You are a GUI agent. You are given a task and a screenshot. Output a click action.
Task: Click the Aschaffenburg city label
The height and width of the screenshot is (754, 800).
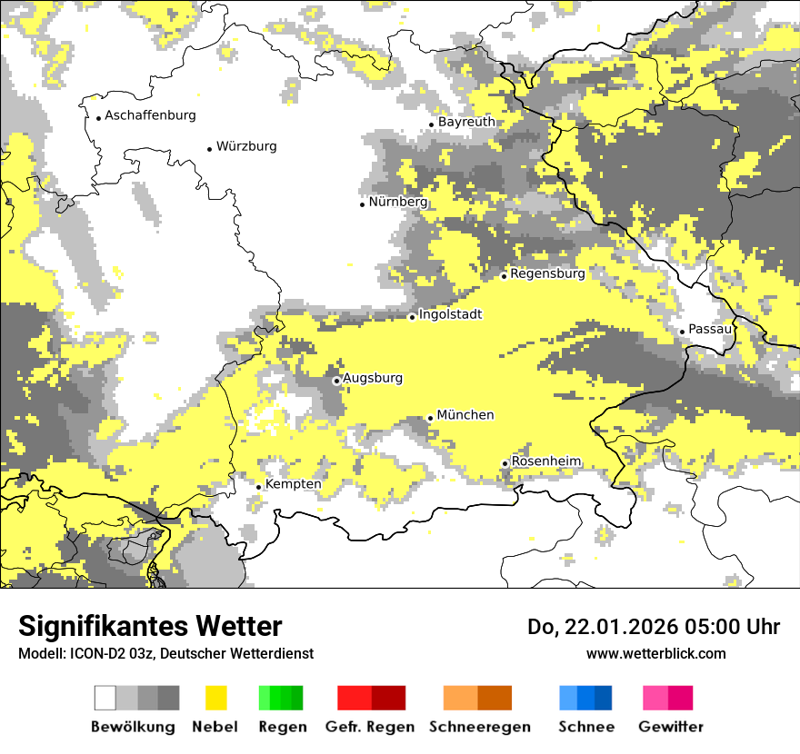pyautogui.click(x=150, y=115)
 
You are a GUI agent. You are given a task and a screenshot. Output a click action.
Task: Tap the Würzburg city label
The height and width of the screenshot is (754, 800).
pyautogui.click(x=246, y=146)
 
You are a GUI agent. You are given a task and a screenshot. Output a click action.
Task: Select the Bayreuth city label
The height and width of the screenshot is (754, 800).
pyautogui.click(x=466, y=122)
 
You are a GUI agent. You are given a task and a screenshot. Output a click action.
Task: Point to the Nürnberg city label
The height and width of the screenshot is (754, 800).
pyautogui.click(x=398, y=202)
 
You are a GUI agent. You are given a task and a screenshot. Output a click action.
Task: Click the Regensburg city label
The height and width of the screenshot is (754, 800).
pyautogui.click(x=547, y=273)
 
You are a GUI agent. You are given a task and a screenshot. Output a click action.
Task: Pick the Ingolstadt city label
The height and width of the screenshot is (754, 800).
pyautogui.click(x=450, y=314)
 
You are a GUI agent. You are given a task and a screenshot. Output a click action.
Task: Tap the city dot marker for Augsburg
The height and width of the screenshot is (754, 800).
pyautogui.click(x=336, y=381)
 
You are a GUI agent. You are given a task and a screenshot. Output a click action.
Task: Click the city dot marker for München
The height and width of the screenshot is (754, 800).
pyautogui.click(x=430, y=418)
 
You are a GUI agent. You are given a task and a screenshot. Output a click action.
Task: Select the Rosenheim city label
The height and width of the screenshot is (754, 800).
pyautogui.click(x=545, y=461)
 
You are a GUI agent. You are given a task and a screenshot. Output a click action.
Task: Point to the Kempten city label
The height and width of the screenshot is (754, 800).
pyautogui.click(x=293, y=484)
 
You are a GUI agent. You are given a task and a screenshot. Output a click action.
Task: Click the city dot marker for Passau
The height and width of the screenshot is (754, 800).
pyautogui.click(x=682, y=332)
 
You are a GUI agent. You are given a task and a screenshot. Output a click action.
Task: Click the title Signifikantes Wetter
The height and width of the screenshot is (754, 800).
pyautogui.click(x=150, y=627)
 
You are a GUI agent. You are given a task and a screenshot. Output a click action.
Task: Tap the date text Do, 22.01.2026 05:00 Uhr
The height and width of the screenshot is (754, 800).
pyautogui.click(x=654, y=627)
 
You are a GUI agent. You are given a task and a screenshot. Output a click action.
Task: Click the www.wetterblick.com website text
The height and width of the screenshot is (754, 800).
pyautogui.click(x=655, y=653)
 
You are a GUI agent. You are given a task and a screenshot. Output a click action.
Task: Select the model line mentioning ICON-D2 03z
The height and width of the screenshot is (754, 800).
pyautogui.click(x=165, y=654)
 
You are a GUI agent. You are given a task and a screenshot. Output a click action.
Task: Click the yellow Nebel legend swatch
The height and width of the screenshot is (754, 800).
pyautogui.click(x=216, y=698)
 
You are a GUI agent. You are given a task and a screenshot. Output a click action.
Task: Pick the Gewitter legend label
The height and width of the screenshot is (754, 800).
pyautogui.click(x=671, y=727)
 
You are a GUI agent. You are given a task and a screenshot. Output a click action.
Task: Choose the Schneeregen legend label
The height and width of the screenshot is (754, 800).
pyautogui.click(x=480, y=727)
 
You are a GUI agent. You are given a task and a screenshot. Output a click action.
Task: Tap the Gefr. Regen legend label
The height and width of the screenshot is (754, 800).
pyautogui.click(x=370, y=727)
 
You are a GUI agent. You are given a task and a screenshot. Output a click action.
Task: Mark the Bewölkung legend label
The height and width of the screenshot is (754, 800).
pyautogui.click(x=133, y=727)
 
